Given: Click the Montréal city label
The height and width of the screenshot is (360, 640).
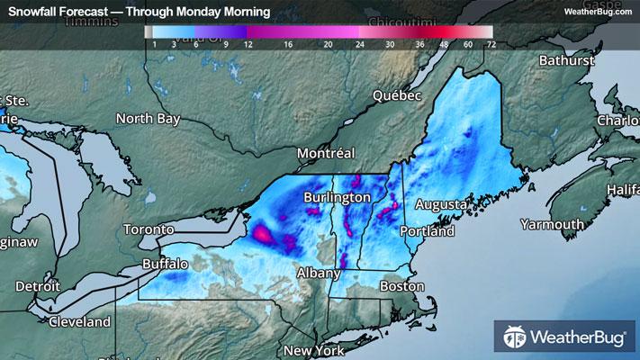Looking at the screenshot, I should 327,153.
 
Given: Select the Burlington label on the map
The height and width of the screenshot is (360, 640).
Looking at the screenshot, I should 338,196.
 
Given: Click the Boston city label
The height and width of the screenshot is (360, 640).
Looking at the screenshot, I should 401,286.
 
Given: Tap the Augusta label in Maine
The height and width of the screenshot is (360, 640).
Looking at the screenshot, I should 441,204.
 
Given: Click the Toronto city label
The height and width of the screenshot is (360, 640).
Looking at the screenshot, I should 148,229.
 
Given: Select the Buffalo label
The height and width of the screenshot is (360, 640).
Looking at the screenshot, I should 165,265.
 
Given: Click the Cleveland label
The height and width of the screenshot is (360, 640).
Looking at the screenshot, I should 79,321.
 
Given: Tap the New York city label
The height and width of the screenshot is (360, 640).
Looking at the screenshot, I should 314,350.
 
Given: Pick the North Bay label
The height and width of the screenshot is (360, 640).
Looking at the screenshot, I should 149,118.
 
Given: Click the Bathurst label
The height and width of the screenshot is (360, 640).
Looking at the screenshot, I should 567,60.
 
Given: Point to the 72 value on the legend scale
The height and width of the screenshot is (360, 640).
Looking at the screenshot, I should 490,42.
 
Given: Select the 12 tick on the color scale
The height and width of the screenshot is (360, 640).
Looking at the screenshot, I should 247,42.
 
